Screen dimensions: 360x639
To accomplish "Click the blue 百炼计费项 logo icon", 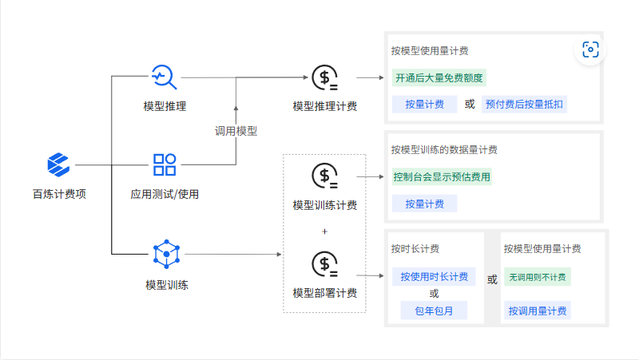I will [59, 165].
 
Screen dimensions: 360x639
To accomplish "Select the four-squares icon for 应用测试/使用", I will [165, 165].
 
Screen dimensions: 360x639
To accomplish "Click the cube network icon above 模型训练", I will [165, 254].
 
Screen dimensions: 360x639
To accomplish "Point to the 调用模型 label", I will [236, 131].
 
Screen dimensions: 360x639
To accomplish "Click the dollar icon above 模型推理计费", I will [324, 77].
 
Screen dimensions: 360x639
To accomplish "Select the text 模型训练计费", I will [324, 205].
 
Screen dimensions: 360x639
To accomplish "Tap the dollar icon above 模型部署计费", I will [324, 263].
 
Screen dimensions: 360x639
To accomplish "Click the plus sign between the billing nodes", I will [324, 231].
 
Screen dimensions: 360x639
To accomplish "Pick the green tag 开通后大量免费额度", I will [439, 78].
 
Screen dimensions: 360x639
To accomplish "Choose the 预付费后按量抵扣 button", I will [524, 105].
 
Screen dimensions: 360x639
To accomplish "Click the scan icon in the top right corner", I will [590, 50].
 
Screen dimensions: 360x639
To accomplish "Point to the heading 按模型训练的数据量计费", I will [444, 149].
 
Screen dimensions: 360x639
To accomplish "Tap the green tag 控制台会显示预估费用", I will [442, 176].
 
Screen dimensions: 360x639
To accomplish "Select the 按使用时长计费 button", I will [435, 276].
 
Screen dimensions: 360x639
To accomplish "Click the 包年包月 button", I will [435, 311].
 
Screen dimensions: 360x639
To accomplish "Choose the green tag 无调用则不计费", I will [538, 277].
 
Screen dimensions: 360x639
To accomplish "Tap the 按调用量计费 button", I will [538, 311].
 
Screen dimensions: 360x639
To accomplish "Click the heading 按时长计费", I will [415, 249].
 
